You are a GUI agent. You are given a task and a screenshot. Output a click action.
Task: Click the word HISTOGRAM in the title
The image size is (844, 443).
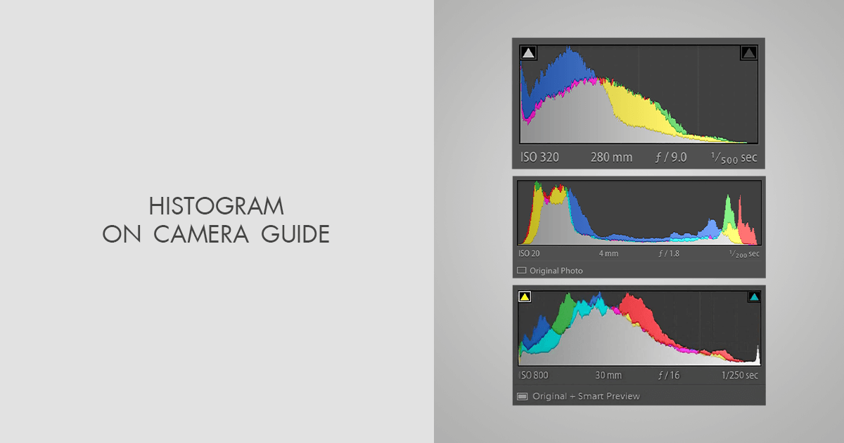point(216,207)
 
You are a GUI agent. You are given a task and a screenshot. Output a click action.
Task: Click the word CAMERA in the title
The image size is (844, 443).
point(201,234)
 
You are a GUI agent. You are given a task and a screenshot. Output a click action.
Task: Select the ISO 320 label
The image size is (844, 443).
point(540,158)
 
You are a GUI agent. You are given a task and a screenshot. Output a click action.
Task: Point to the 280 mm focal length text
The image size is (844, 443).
point(611,158)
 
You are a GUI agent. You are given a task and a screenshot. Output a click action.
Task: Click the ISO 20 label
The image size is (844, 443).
point(529,254)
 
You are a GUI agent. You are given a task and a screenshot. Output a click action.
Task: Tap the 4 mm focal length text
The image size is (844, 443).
point(608,254)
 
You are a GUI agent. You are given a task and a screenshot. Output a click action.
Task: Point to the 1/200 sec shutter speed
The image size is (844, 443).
point(743,254)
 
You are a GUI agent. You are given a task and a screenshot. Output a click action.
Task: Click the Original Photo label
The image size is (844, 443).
point(556,271)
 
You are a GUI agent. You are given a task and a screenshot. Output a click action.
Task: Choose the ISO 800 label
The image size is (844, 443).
point(535,375)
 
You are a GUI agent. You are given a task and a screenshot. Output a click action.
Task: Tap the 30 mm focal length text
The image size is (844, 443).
point(608,375)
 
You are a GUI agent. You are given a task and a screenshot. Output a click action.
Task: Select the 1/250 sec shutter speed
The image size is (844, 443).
point(740,375)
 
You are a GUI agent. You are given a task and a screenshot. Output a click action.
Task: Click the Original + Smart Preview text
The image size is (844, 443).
point(586,397)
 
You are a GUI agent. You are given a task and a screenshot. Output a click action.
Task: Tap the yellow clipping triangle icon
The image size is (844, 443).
point(524,297)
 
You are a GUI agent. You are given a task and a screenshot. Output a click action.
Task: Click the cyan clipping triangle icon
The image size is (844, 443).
point(754,297)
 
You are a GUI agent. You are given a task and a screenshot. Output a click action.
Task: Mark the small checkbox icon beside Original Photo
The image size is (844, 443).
point(522,271)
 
